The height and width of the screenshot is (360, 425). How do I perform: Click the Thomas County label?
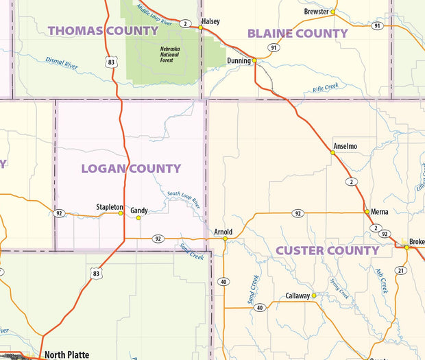tap(104, 31)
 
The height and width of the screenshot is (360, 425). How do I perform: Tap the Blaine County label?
tap(297, 34)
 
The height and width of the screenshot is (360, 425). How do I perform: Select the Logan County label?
tap(131, 169)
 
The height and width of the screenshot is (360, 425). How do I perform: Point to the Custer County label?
tap(327, 251)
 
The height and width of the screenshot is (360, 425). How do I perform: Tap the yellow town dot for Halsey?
tap(200, 28)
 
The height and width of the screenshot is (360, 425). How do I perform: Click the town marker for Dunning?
tap(254, 60)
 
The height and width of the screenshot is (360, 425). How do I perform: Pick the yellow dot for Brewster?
tap(332, 12)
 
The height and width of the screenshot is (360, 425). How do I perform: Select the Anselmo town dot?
tap(333, 153)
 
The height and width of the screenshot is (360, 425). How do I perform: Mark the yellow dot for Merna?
tap(367, 212)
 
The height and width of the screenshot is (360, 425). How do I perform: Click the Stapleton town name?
tap(110, 206)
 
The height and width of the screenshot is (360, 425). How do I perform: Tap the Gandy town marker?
tap(138, 218)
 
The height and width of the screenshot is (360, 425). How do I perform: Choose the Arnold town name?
tap(223, 232)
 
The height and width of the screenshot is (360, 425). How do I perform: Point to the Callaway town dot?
tap(314, 296)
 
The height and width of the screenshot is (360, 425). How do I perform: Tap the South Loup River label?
tap(184, 200)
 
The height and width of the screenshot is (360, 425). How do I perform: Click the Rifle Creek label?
tap(326, 88)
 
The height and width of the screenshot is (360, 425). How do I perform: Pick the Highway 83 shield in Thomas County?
tap(111, 62)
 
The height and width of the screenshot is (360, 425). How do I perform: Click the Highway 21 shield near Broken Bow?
tap(401, 270)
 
